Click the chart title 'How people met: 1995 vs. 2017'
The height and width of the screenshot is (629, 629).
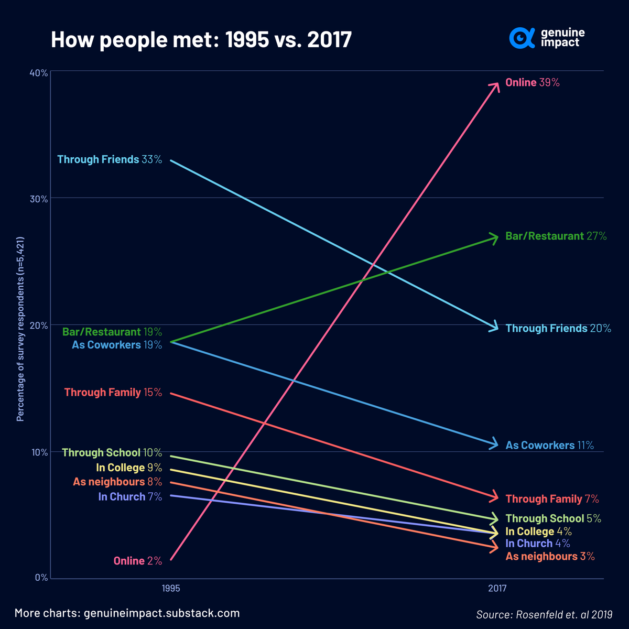pyautogui.click(x=201, y=40)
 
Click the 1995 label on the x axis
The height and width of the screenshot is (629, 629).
pyautogui.click(x=171, y=589)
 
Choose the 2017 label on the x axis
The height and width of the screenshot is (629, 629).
pyautogui.click(x=497, y=589)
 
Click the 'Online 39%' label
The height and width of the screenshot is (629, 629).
pyautogui.click(x=532, y=83)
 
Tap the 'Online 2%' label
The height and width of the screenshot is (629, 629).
pyautogui.click(x=138, y=561)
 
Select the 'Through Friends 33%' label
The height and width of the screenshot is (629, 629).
pyautogui.click(x=110, y=159)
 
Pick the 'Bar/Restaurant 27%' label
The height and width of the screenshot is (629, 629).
pyautogui.click(x=556, y=236)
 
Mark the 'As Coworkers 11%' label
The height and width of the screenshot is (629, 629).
pyautogui.click(x=549, y=446)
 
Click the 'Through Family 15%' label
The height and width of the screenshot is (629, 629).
pyautogui.click(x=113, y=393)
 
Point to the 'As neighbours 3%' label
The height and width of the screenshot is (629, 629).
pyautogui.click(x=550, y=557)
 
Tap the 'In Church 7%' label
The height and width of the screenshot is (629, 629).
pyautogui.click(x=130, y=497)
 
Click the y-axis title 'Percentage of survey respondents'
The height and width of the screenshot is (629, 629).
pyautogui.click(x=20, y=329)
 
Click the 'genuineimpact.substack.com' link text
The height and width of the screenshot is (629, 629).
pyautogui.click(x=161, y=613)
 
